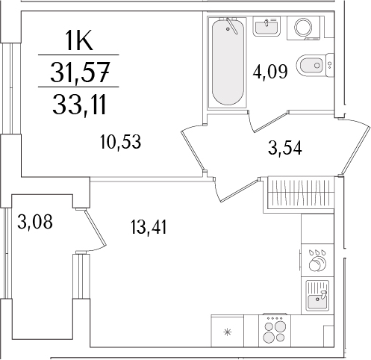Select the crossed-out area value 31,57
tap(78, 72)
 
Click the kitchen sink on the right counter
tap(318, 297)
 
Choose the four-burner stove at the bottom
tap(273, 329)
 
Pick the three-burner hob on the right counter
tap(318, 260)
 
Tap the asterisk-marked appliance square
tap(227, 329)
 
